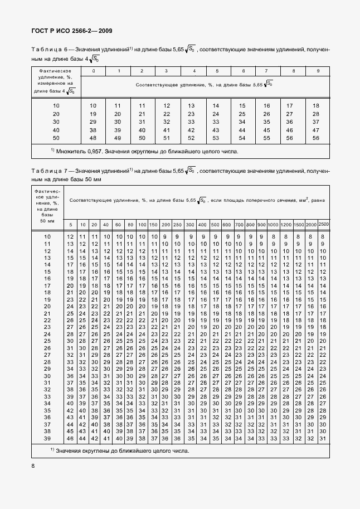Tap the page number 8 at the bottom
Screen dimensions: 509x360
33,466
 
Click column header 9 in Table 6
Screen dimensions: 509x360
317,71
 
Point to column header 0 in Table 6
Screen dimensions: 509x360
93,71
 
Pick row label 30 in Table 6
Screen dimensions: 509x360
56,122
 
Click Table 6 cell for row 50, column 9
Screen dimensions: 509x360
317,138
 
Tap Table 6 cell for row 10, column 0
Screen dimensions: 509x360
93,106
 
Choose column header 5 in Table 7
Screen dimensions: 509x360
70,224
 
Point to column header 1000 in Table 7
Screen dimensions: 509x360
273,224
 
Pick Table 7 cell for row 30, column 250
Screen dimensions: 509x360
177,376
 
